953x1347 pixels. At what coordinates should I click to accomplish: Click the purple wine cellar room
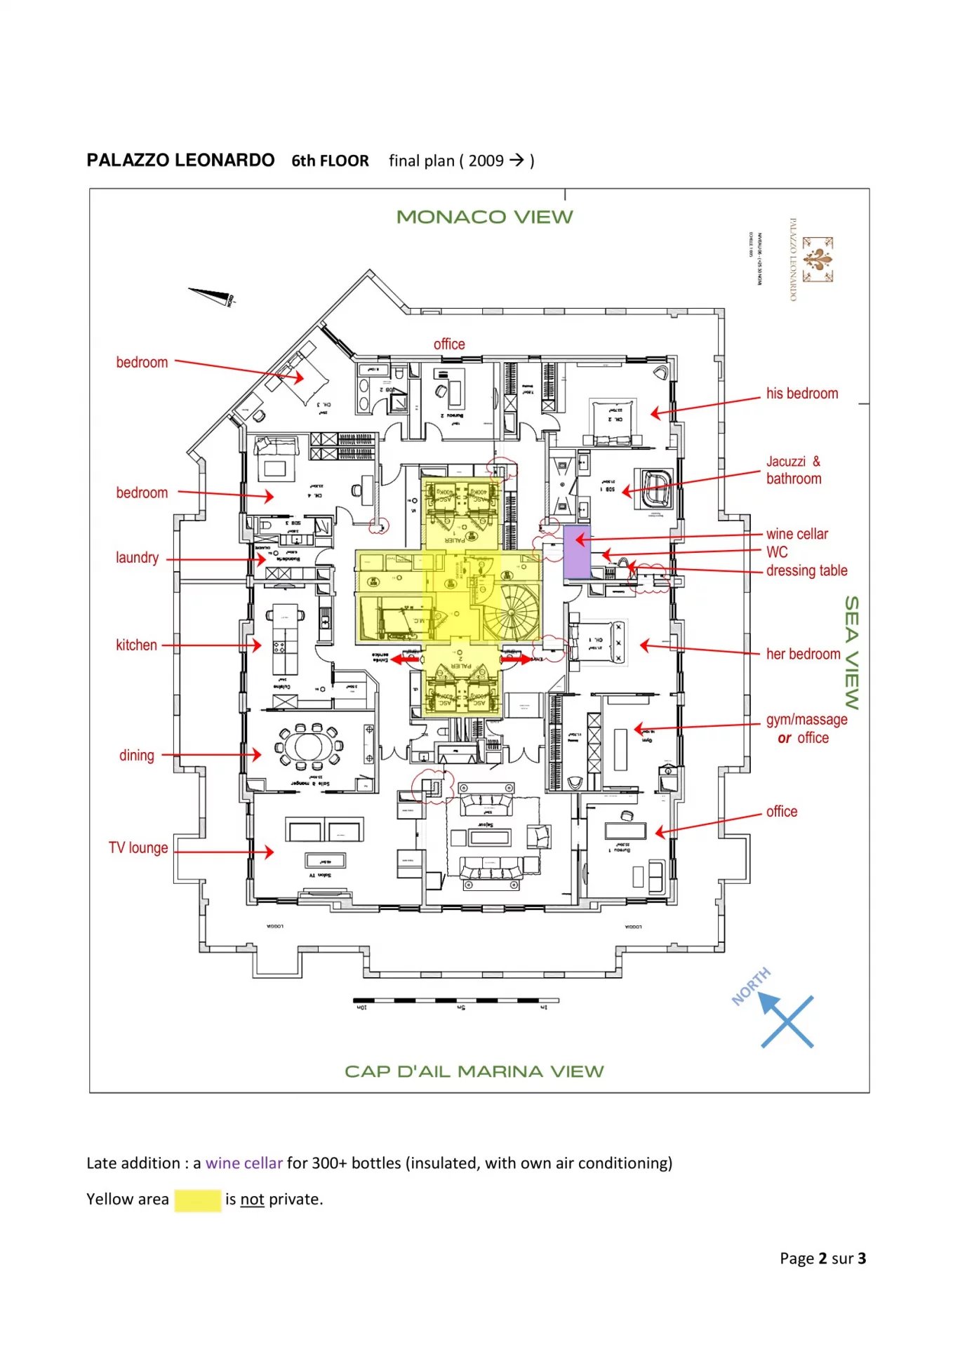point(577,551)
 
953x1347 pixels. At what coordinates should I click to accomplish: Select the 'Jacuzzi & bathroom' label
point(793,470)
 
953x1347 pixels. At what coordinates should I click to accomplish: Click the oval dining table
point(309,745)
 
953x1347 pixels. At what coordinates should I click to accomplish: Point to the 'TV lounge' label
point(138,847)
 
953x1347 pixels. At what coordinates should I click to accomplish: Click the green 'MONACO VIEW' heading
point(484,217)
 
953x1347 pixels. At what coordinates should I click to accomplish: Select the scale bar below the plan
point(455,1000)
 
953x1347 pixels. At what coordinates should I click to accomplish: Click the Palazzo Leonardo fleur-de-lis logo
point(818,260)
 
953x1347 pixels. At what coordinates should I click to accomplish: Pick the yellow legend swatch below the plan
point(197,1200)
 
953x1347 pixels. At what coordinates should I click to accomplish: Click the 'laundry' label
point(137,558)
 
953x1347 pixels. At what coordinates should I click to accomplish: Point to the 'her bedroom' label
point(803,654)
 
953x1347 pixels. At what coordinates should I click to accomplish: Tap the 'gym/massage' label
point(806,720)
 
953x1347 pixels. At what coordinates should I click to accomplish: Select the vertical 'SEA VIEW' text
point(851,652)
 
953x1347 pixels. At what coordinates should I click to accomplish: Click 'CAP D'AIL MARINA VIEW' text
point(474,1072)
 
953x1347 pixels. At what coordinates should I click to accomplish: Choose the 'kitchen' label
point(136,645)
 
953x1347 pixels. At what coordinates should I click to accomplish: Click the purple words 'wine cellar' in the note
point(244,1163)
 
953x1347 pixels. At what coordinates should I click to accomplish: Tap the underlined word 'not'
point(252,1200)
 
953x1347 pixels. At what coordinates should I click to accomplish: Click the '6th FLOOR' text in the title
point(330,161)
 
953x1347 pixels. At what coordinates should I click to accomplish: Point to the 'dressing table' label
point(806,570)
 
